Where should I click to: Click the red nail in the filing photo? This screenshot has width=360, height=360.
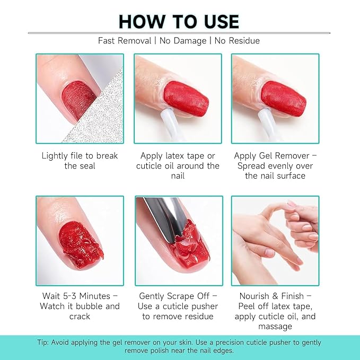point(80,98)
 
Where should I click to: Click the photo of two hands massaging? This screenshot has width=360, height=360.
point(275,241)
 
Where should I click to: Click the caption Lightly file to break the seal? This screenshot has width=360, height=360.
point(80,161)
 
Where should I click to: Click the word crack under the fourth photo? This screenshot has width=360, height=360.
point(80,317)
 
